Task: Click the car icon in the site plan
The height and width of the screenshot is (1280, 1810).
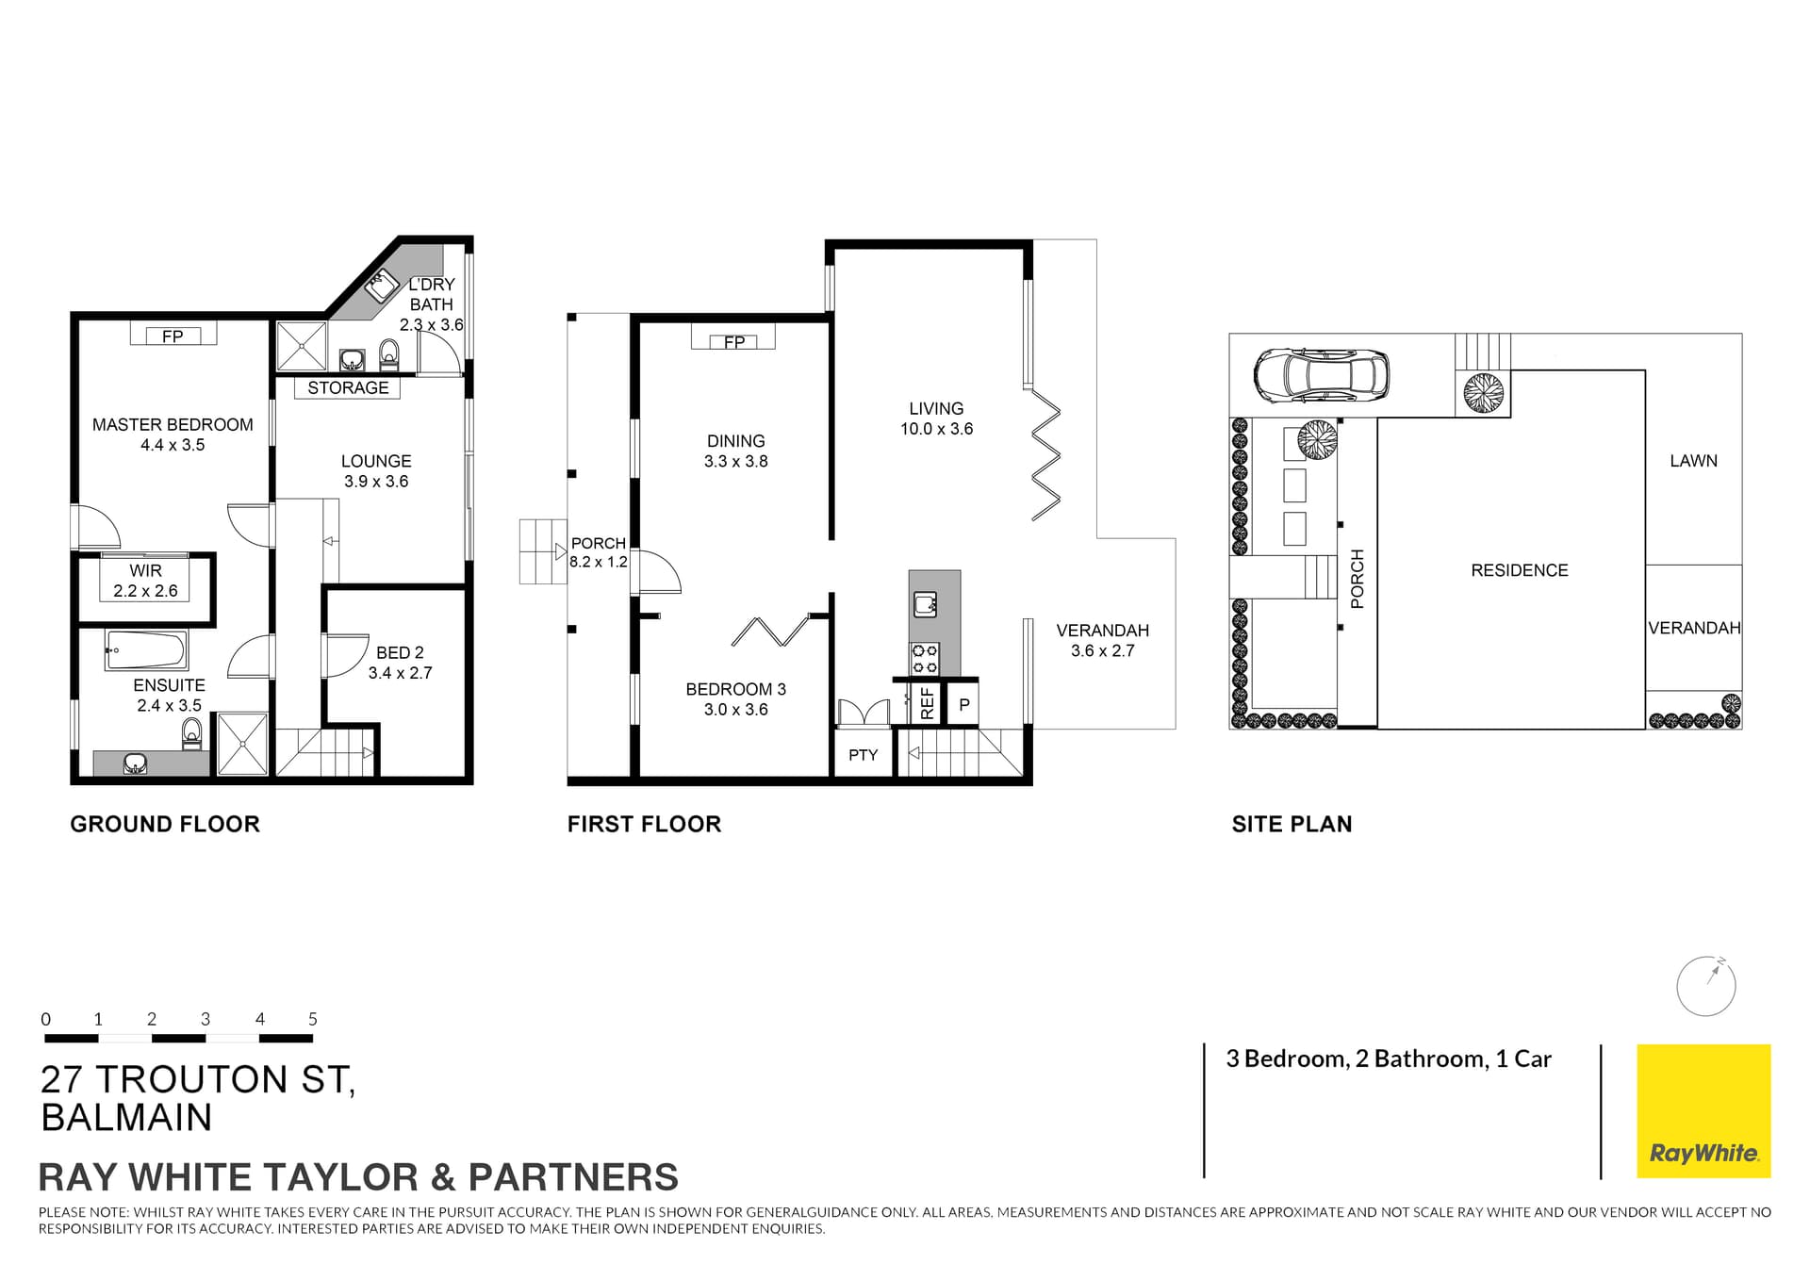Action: click(x=1321, y=375)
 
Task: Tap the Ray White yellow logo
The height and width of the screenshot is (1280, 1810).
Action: click(x=1703, y=1110)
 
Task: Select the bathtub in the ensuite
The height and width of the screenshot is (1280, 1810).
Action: click(x=146, y=649)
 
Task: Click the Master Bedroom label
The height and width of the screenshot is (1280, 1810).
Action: click(x=173, y=425)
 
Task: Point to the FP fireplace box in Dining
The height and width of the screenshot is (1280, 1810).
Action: click(x=733, y=338)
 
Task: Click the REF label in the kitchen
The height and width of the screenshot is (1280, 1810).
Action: click(x=927, y=703)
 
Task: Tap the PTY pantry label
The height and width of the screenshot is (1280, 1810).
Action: click(x=863, y=755)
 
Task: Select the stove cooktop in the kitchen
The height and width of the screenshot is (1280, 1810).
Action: click(x=924, y=659)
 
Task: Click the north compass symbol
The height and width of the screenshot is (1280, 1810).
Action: click(x=1705, y=987)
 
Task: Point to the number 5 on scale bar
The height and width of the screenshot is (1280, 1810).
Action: click(x=313, y=1019)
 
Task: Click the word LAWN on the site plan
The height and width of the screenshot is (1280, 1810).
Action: click(x=1693, y=461)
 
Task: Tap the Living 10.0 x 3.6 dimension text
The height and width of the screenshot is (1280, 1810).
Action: click(x=936, y=429)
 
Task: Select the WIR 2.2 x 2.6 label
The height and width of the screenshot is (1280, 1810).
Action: click(x=145, y=582)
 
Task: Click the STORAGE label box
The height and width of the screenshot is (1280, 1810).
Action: click(x=348, y=387)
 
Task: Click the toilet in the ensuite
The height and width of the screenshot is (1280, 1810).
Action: click(x=192, y=732)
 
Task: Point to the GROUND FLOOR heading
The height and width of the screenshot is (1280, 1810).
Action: click(x=165, y=824)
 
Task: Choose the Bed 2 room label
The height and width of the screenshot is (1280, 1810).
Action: click(x=400, y=652)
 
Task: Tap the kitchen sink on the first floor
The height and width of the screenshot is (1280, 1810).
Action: click(x=925, y=604)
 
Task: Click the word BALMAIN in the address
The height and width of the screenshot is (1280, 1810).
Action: click(x=126, y=1118)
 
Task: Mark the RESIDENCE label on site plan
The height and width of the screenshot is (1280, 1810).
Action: click(x=1519, y=570)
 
